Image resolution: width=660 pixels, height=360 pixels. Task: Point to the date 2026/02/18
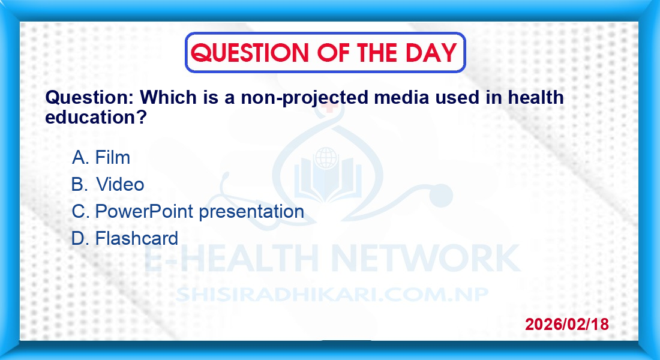[x=566, y=324]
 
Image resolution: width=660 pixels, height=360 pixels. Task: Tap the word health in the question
[x=535, y=97]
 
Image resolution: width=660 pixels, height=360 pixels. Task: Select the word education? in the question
[x=95, y=117]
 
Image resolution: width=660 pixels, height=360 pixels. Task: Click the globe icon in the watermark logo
[x=326, y=158]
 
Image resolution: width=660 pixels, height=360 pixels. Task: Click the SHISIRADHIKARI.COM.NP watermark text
[x=332, y=295]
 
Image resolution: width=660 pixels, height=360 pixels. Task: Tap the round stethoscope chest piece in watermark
[x=440, y=196]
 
